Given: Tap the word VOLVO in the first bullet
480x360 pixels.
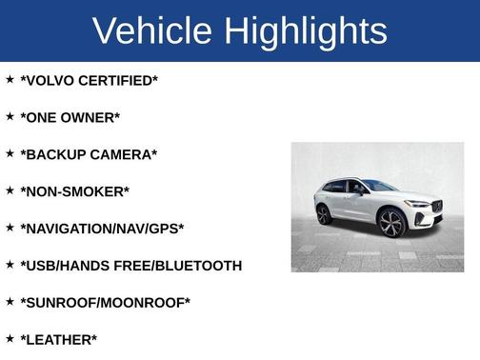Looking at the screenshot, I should point(51,81).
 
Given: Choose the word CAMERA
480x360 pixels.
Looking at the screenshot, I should point(126,154).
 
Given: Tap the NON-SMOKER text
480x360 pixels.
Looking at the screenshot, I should point(74,191).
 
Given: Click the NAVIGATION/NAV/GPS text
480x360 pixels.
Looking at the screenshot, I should point(102,229).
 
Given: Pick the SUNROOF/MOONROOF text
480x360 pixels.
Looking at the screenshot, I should point(105,303).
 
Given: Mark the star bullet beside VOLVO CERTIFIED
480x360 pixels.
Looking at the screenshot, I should point(10,79).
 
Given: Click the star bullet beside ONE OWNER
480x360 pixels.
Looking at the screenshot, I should point(10,116).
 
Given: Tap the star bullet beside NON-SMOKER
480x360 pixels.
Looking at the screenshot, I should point(10,190).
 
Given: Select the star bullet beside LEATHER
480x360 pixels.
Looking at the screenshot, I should point(10,338).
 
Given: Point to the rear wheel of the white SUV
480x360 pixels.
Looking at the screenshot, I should point(324,214).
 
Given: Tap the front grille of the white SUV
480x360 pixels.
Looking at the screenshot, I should point(436,207).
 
